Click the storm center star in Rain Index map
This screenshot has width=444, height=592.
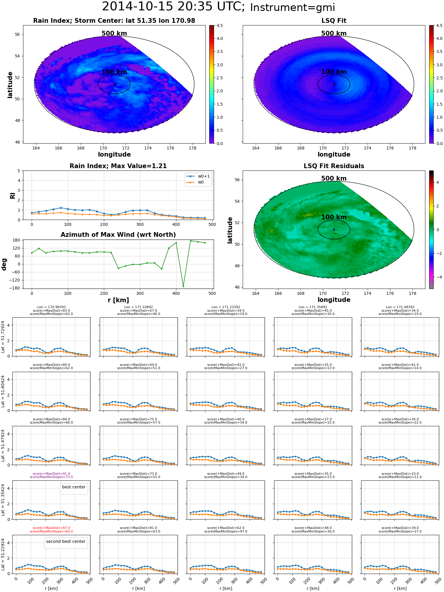click(x=114, y=84)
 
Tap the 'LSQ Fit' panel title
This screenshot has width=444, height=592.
click(x=334, y=21)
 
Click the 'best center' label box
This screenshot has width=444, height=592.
click(x=74, y=487)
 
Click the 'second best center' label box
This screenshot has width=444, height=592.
click(x=66, y=541)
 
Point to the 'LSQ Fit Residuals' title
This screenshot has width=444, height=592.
click(x=334, y=166)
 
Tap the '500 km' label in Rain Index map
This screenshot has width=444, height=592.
click(x=114, y=33)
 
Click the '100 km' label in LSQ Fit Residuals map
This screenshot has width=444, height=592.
click(x=334, y=217)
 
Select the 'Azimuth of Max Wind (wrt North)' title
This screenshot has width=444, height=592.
click(x=118, y=235)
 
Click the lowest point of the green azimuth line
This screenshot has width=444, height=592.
click(x=183, y=286)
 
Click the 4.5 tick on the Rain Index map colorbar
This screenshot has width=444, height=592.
click(x=220, y=25)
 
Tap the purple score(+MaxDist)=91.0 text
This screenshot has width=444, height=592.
click(x=52, y=474)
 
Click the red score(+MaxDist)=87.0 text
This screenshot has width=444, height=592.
click(x=52, y=528)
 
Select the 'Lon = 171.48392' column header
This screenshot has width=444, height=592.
click(x=400, y=307)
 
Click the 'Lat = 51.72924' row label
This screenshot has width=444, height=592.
click(x=3, y=337)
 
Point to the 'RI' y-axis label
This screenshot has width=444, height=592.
click(x=13, y=196)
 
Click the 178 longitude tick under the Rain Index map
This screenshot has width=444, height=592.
click(x=193, y=148)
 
